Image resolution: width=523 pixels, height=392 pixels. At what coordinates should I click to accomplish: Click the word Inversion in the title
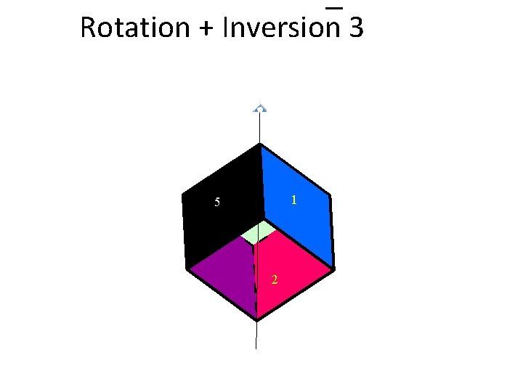pos(282,28)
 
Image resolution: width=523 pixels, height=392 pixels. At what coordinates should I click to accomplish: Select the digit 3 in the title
pos(356,28)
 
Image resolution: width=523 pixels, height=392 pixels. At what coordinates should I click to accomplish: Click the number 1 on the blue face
pos(293,199)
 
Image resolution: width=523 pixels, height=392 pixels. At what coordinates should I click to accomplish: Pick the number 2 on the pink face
pos(274,280)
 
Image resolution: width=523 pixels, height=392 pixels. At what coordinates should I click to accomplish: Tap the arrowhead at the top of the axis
pos(260,109)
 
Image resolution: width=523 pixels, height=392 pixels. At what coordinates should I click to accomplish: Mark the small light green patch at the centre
pos(259,232)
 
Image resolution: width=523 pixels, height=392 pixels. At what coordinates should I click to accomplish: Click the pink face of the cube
pos(287,269)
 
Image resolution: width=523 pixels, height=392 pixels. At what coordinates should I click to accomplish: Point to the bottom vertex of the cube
pos(256,319)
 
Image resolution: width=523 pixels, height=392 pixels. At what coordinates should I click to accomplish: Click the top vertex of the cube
pos(260,145)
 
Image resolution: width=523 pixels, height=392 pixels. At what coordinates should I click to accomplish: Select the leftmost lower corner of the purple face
pos(188,268)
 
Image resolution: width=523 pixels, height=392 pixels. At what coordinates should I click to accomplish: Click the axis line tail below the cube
pos(256,338)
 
